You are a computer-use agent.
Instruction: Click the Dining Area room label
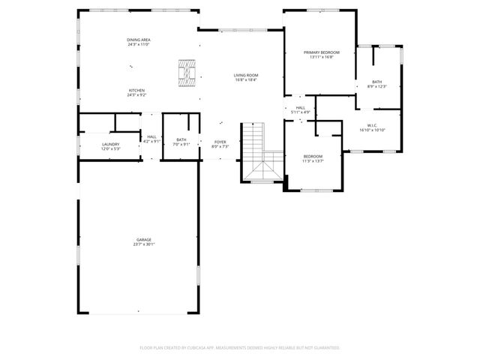(139, 40)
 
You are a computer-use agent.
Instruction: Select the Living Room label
(245, 75)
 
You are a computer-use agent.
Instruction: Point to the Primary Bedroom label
(322, 52)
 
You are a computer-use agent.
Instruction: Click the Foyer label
(220, 141)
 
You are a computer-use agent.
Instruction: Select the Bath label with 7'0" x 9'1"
(181, 139)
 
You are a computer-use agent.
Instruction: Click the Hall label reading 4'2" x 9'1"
(151, 136)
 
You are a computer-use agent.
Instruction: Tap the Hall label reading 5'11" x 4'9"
(301, 108)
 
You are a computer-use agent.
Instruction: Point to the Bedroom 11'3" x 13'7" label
(313, 156)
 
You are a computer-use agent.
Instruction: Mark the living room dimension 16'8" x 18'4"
(245, 79)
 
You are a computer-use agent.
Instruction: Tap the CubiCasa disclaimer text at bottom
(240, 348)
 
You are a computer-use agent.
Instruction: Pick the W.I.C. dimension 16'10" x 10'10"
(372, 130)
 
